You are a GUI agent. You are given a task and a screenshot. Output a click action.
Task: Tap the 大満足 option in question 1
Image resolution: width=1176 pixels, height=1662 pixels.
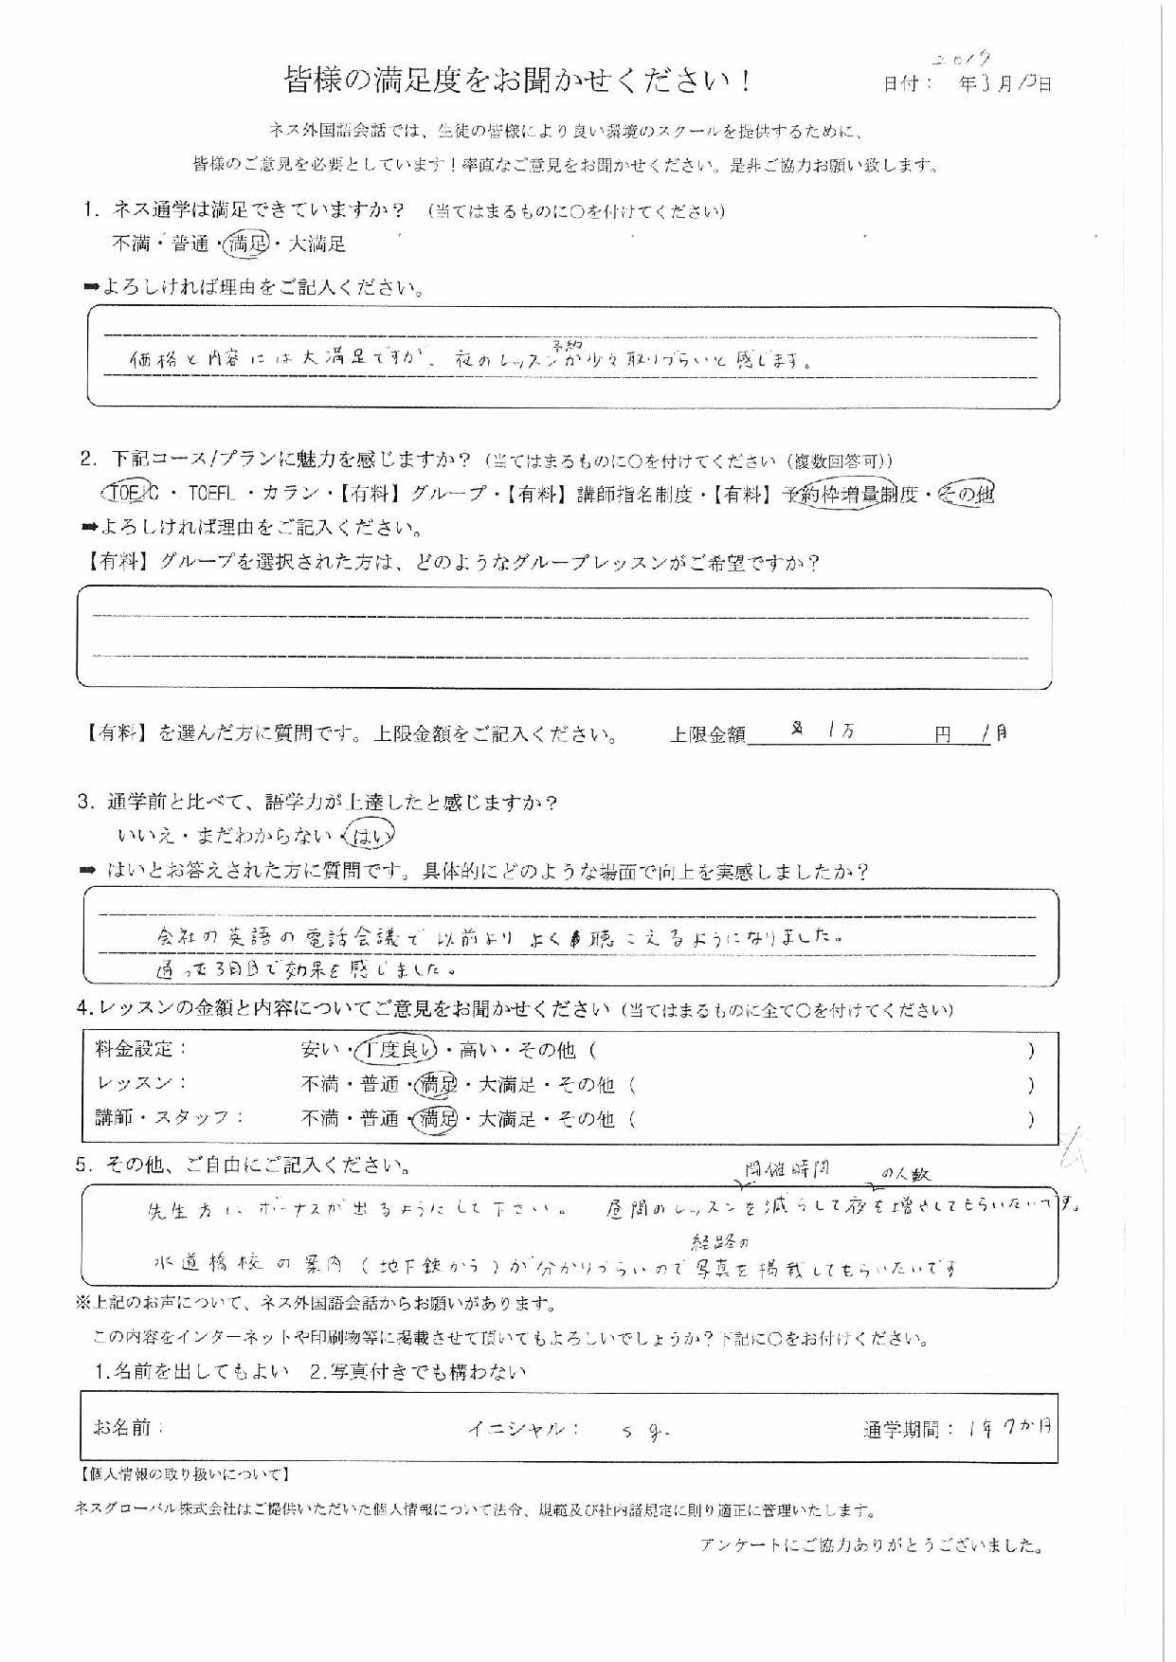pyautogui.click(x=317, y=244)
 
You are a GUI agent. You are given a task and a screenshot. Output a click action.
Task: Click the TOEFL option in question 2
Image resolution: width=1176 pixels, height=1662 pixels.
pyautogui.click(x=213, y=494)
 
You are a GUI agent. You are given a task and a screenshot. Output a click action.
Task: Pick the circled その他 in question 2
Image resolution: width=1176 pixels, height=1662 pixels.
pyautogui.click(x=966, y=494)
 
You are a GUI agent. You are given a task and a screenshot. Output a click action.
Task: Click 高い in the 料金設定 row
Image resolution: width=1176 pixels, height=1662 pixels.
pyautogui.click(x=482, y=1050)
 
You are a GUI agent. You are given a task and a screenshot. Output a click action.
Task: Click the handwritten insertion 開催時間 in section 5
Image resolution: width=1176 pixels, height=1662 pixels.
pyautogui.click(x=786, y=1169)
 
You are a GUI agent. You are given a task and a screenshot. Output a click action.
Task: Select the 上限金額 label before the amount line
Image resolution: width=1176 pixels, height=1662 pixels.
pyautogui.click(x=707, y=734)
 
